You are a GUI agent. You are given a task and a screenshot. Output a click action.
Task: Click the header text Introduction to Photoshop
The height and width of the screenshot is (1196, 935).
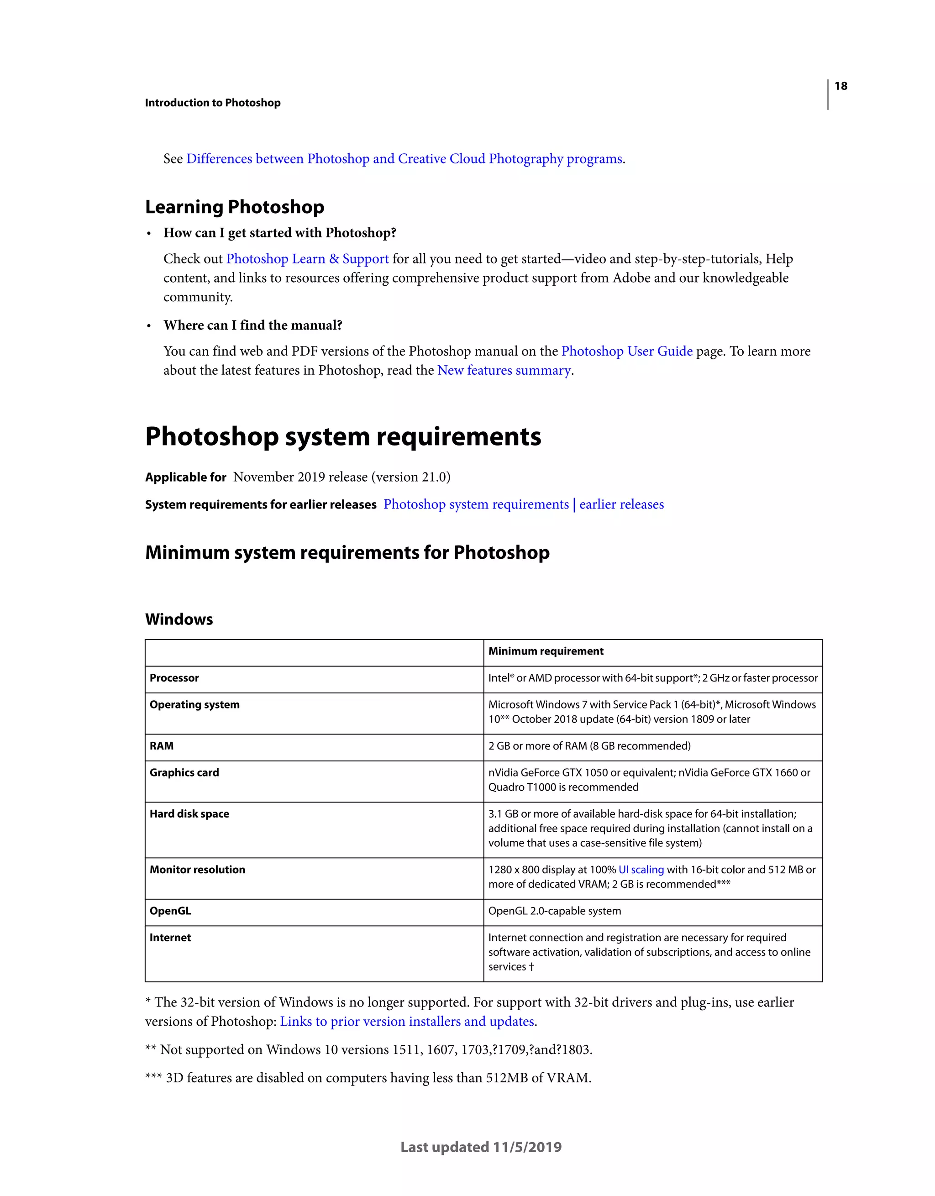point(213,103)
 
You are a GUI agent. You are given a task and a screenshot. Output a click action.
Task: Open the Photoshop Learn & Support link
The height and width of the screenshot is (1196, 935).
point(307,259)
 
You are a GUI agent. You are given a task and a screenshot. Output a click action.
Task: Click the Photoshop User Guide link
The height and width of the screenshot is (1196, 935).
point(627,351)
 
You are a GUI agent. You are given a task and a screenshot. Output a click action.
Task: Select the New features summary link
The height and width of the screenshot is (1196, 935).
point(504,371)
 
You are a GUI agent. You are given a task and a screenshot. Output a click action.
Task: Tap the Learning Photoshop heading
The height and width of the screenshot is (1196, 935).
point(234,207)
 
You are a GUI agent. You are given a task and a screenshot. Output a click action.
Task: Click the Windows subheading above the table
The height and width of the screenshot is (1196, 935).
point(179,619)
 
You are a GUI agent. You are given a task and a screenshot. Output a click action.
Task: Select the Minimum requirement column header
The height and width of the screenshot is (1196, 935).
point(546,651)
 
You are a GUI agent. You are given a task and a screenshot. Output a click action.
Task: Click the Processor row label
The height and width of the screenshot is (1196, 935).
point(174,678)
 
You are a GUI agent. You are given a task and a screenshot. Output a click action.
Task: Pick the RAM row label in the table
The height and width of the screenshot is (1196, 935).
point(162,746)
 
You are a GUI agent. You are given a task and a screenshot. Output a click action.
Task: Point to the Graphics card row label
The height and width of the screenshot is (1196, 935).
point(184,773)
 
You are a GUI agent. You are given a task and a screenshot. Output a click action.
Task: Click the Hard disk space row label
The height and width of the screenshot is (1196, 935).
point(189,814)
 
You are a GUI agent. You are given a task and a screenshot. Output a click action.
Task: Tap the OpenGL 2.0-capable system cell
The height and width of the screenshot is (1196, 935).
point(554,911)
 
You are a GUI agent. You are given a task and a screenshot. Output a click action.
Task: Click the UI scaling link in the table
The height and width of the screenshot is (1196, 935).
point(641,870)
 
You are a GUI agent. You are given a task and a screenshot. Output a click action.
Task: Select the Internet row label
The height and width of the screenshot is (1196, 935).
point(170,938)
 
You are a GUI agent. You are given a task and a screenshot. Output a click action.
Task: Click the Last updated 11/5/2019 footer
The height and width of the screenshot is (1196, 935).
point(481,1147)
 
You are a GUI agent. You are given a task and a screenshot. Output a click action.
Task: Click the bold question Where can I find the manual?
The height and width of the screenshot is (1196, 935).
point(252,325)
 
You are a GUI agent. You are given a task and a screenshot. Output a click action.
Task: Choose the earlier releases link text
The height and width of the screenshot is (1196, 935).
point(621,504)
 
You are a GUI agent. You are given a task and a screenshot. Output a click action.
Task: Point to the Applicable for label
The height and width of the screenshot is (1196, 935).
point(186,477)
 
